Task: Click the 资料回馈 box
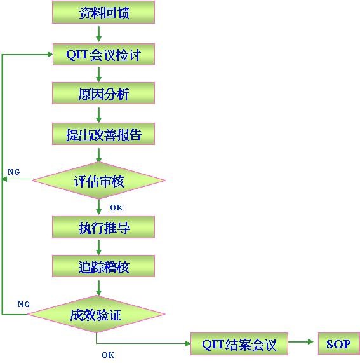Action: click(103, 12)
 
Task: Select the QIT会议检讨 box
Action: click(103, 54)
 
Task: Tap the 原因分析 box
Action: click(103, 94)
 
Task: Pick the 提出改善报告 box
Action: click(103, 135)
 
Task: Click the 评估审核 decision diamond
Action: click(98, 181)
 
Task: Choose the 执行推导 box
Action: click(103, 227)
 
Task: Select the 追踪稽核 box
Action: click(103, 266)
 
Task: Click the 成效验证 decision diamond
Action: click(97, 314)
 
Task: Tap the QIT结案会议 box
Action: click(239, 344)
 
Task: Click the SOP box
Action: click(338, 344)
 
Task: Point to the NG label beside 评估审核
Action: click(13, 172)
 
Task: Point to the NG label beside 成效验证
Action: click(23, 304)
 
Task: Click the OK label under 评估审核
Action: click(116, 207)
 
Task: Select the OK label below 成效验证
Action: click(108, 355)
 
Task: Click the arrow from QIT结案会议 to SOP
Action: click(303, 344)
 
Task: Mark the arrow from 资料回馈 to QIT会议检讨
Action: click(98, 34)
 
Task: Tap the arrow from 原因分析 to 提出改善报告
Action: click(98, 114)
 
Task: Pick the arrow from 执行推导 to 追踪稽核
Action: click(98, 247)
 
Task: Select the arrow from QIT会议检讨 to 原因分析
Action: click(98, 74)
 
